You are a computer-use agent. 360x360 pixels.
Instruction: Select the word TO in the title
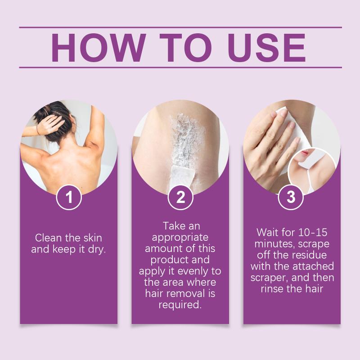pos(186,48)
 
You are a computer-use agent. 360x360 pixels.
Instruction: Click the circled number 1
pos(69,197)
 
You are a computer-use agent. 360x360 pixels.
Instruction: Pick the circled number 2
pos(180,197)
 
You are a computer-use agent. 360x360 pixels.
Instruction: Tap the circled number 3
pos(291,197)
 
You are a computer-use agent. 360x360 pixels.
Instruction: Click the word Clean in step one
pos(49,238)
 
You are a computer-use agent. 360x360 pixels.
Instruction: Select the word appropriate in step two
pos(180,238)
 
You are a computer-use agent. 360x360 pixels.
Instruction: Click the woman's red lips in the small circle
pos(305,152)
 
